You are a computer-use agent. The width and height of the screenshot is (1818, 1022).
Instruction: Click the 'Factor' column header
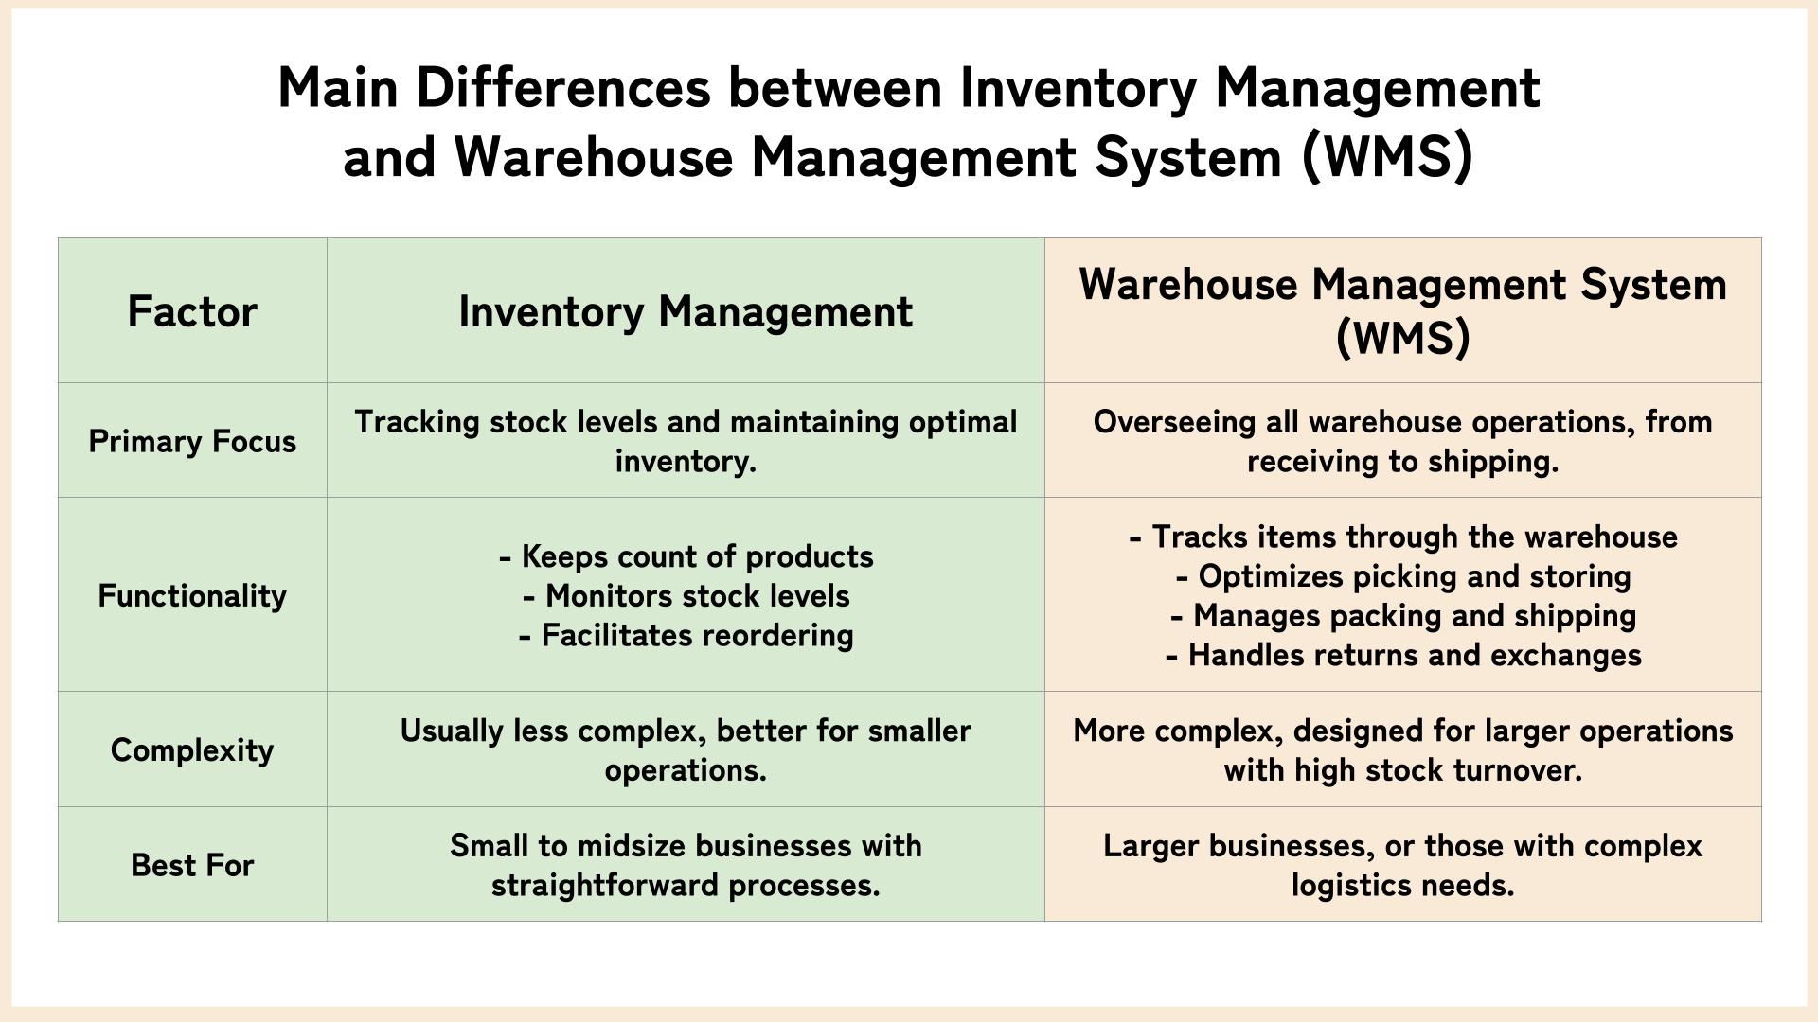point(192,311)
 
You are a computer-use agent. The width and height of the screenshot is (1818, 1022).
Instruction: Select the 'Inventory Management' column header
point(686,311)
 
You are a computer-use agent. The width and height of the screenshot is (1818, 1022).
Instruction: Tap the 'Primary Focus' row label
point(192,441)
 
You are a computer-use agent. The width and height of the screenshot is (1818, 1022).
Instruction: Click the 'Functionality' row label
point(192,595)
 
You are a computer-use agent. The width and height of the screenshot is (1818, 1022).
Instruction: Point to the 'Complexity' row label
point(192,749)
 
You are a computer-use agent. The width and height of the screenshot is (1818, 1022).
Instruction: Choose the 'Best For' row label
point(192,865)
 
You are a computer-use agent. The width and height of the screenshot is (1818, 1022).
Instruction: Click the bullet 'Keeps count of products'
point(686,556)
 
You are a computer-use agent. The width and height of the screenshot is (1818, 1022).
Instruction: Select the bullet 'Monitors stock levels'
point(686,596)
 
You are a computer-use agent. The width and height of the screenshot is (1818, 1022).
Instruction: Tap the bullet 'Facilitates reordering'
point(686,635)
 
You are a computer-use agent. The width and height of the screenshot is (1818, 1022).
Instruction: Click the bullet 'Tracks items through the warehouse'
point(1403,537)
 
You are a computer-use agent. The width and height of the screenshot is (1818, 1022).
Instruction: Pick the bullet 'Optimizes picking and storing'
point(1403,576)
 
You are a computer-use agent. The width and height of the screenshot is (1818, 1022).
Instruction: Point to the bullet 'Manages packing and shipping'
point(1403,616)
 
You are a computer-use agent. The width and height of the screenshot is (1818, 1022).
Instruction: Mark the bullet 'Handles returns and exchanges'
point(1403,655)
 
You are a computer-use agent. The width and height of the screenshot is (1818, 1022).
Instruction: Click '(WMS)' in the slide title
point(1388,156)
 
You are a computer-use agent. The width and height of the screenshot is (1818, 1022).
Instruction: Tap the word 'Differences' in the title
point(563,88)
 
